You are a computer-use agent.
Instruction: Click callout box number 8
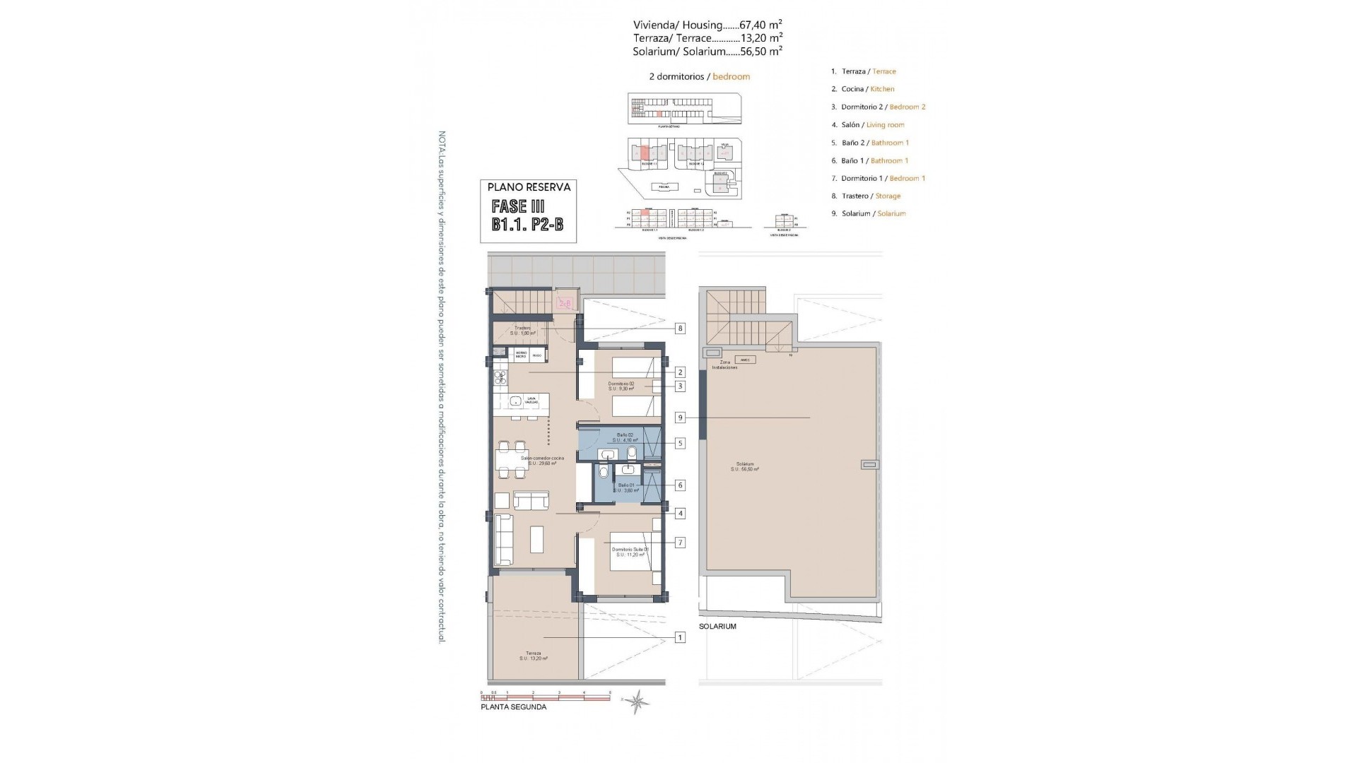tap(680, 329)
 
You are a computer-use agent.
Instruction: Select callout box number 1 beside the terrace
tap(680, 638)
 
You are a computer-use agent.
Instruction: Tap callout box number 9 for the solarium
tap(680, 418)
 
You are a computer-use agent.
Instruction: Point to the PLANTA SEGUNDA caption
tap(513, 706)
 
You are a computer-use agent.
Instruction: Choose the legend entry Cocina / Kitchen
tap(867, 89)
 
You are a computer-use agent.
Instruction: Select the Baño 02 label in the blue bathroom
tap(625, 435)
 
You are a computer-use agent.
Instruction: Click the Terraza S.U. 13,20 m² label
tap(533, 656)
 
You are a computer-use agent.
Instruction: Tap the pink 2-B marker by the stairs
tap(565, 304)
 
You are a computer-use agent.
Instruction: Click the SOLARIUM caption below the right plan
tap(717, 627)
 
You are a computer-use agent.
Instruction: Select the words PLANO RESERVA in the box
tap(529, 188)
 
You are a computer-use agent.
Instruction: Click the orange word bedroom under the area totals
tap(731, 76)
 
